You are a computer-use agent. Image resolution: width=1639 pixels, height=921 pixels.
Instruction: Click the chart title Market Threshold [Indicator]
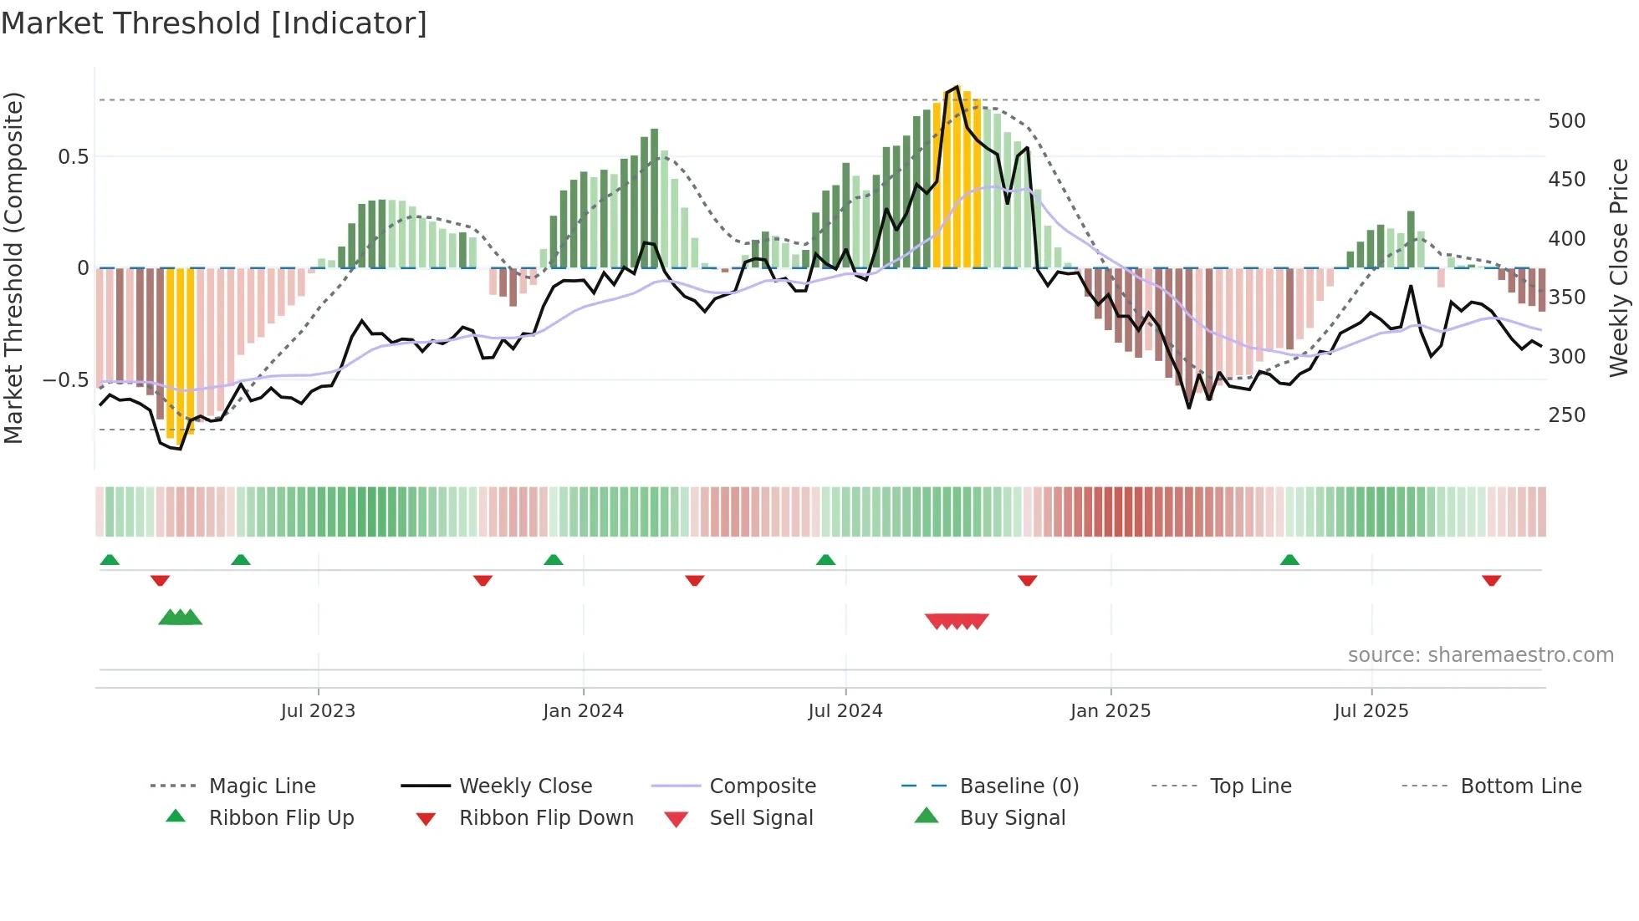[x=214, y=23]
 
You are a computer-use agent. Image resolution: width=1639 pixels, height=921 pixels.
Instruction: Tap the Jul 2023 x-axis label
[x=318, y=711]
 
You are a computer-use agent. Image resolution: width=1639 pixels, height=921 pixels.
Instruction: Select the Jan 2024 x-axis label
[x=583, y=711]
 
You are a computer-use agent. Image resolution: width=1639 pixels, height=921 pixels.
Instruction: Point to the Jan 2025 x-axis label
[x=1111, y=711]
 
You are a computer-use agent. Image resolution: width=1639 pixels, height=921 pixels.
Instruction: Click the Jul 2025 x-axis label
[x=1371, y=711]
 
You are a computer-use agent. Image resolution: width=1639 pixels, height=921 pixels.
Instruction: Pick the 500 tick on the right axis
[x=1566, y=121]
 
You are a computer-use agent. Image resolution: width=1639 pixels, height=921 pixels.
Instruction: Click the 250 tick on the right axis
[x=1566, y=415]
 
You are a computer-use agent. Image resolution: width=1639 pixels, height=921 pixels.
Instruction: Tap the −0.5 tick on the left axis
[x=65, y=380]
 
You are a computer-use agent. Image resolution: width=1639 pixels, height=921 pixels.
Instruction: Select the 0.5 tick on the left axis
[x=73, y=157]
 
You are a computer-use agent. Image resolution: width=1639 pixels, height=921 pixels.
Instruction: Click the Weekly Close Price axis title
[x=1619, y=267]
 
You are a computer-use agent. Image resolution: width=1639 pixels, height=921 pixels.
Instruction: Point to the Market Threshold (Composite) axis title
[x=13, y=267]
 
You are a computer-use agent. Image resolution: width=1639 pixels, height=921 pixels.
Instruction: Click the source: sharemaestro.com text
[x=1480, y=655]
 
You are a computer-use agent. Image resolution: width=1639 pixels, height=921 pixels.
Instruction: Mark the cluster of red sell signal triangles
[x=957, y=621]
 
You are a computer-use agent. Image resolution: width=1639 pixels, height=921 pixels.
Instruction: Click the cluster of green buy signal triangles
[x=180, y=618]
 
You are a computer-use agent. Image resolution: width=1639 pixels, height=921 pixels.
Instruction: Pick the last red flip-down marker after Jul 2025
[x=1491, y=580]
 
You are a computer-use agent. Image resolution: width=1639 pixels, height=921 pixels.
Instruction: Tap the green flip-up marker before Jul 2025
[x=1289, y=560]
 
